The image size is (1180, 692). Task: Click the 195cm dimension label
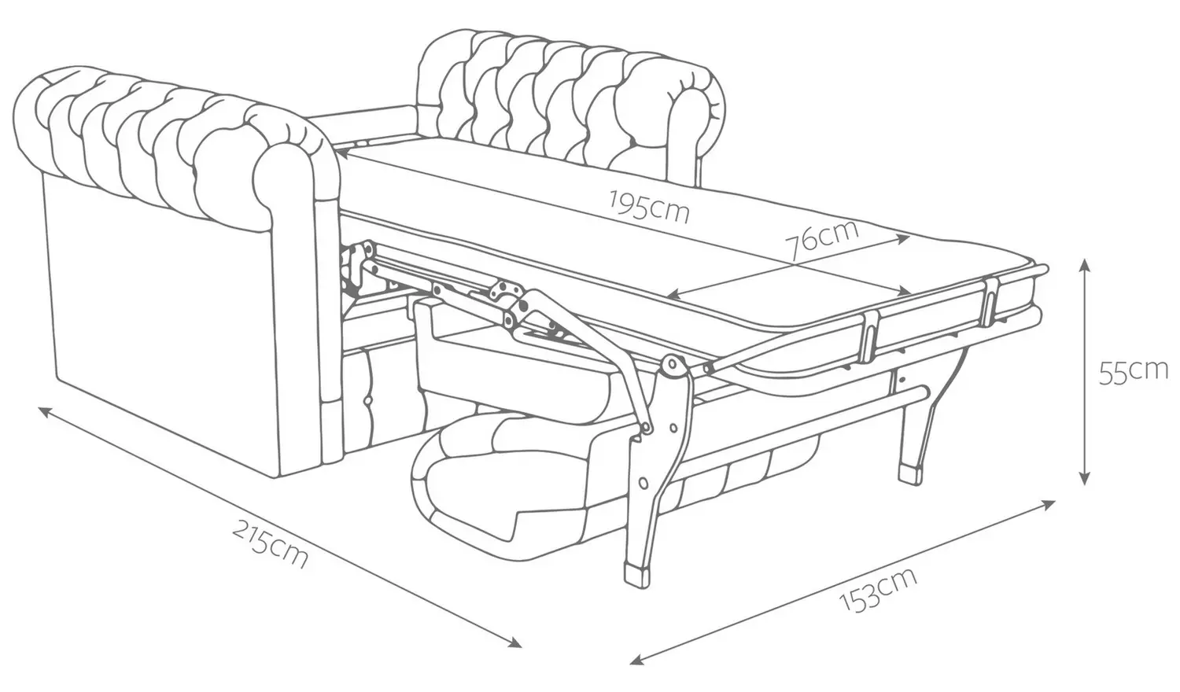(649, 206)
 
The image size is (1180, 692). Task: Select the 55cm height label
(1133, 372)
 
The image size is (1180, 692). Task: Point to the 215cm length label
(270, 543)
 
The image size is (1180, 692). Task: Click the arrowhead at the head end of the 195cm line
(341, 154)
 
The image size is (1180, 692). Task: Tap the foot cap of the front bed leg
(636, 576)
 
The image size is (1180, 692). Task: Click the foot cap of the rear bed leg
(911, 473)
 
